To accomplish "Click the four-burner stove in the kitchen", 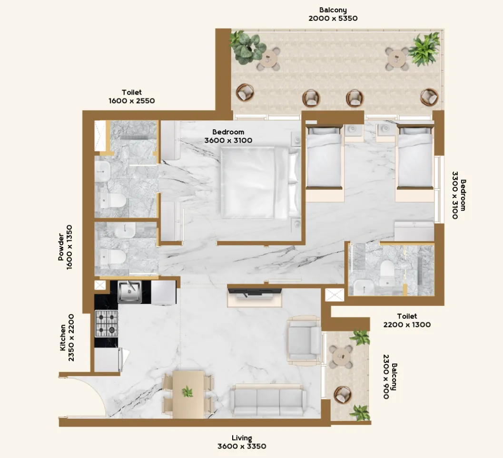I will click(x=106, y=323).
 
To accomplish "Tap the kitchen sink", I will click(x=128, y=291).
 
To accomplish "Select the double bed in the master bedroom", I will click(x=255, y=183).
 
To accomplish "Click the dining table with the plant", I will click(x=187, y=394).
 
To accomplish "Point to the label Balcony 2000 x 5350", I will click(x=333, y=14).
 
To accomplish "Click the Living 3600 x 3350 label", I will click(x=242, y=442).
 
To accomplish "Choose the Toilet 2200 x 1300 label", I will click(x=407, y=321).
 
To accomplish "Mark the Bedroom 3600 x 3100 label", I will click(x=228, y=136).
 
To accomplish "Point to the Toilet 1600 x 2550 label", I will click(x=132, y=96).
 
